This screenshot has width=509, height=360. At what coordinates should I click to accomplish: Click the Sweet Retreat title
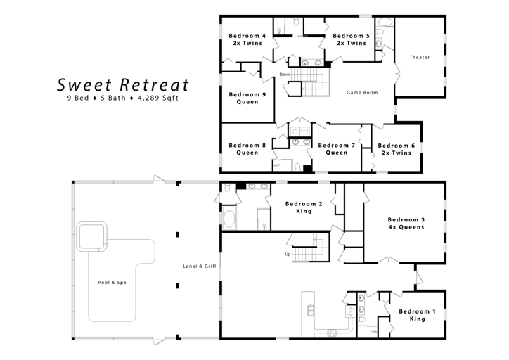coord(123,85)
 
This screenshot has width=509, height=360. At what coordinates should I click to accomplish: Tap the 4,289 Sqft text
coord(158,98)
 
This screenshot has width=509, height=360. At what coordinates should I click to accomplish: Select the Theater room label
coord(420,57)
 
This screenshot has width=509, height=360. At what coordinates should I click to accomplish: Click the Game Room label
coord(362,92)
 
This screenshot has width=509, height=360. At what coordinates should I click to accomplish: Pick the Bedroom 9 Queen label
coord(247,98)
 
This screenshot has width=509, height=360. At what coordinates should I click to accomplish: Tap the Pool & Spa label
coord(112,282)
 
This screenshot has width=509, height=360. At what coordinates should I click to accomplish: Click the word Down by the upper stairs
coord(284,74)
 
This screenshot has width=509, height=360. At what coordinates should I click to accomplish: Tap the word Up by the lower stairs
coord(287,254)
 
